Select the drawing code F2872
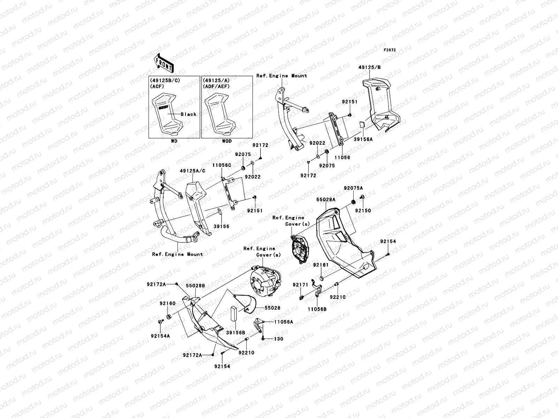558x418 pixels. click(390, 50)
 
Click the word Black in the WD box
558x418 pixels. click(188, 114)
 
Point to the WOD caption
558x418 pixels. click(227, 142)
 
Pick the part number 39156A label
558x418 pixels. click(363, 139)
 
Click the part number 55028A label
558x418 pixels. click(326, 200)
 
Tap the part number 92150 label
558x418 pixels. click(363, 210)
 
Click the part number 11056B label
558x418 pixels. click(317, 309)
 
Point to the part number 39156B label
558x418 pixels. click(235, 333)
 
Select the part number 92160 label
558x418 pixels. click(168, 303)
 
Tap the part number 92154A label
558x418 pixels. click(160, 336)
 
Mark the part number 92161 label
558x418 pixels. click(321, 265)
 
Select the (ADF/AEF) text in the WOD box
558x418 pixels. click(216, 86)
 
